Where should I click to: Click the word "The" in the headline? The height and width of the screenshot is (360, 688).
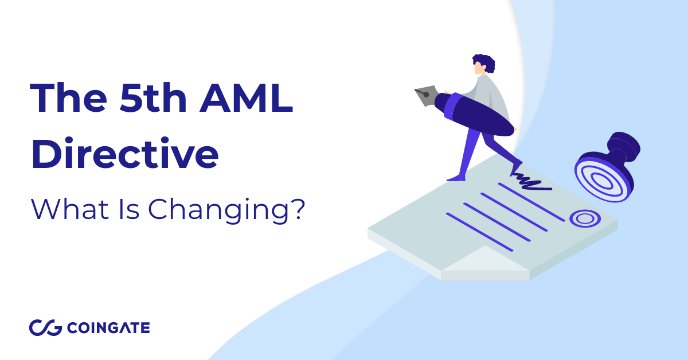tap(68, 98)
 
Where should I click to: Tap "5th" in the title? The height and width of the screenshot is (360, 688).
tap(153, 98)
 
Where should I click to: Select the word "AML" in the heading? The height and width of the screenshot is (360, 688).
tap(247, 98)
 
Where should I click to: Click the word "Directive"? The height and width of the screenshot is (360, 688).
tap(125, 153)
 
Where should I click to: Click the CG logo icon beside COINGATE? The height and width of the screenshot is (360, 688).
tap(45, 328)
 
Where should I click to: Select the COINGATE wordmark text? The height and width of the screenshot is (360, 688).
tap(108, 328)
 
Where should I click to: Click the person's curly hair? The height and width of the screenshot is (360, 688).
tap(485, 62)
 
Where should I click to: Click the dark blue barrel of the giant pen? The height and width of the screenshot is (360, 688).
tap(475, 115)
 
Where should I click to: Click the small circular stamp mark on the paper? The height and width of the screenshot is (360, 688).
tap(585, 218)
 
